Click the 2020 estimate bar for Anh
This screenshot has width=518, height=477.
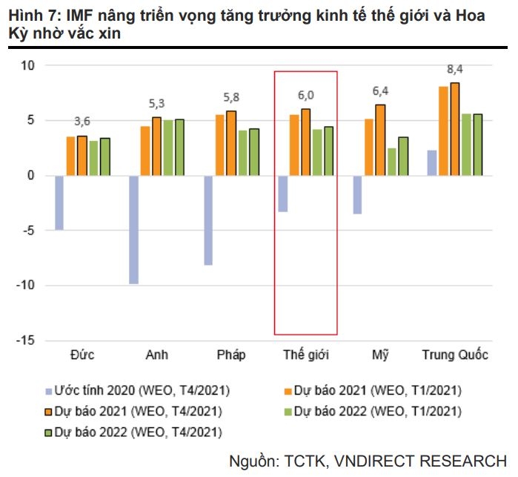(x=133, y=229)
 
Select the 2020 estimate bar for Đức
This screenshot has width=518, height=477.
(x=59, y=203)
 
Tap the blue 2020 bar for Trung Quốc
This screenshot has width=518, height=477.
(x=431, y=162)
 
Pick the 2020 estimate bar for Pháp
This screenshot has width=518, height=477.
(x=208, y=220)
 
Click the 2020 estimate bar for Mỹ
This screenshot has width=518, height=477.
(x=357, y=194)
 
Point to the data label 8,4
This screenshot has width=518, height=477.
(x=454, y=69)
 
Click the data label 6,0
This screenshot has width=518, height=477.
(x=305, y=95)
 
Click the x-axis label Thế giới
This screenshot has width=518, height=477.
(x=305, y=355)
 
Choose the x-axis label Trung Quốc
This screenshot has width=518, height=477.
(x=455, y=355)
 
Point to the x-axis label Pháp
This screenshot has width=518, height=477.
(x=231, y=355)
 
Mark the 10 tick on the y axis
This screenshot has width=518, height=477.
(x=28, y=66)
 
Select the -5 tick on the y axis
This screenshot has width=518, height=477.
(x=28, y=231)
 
